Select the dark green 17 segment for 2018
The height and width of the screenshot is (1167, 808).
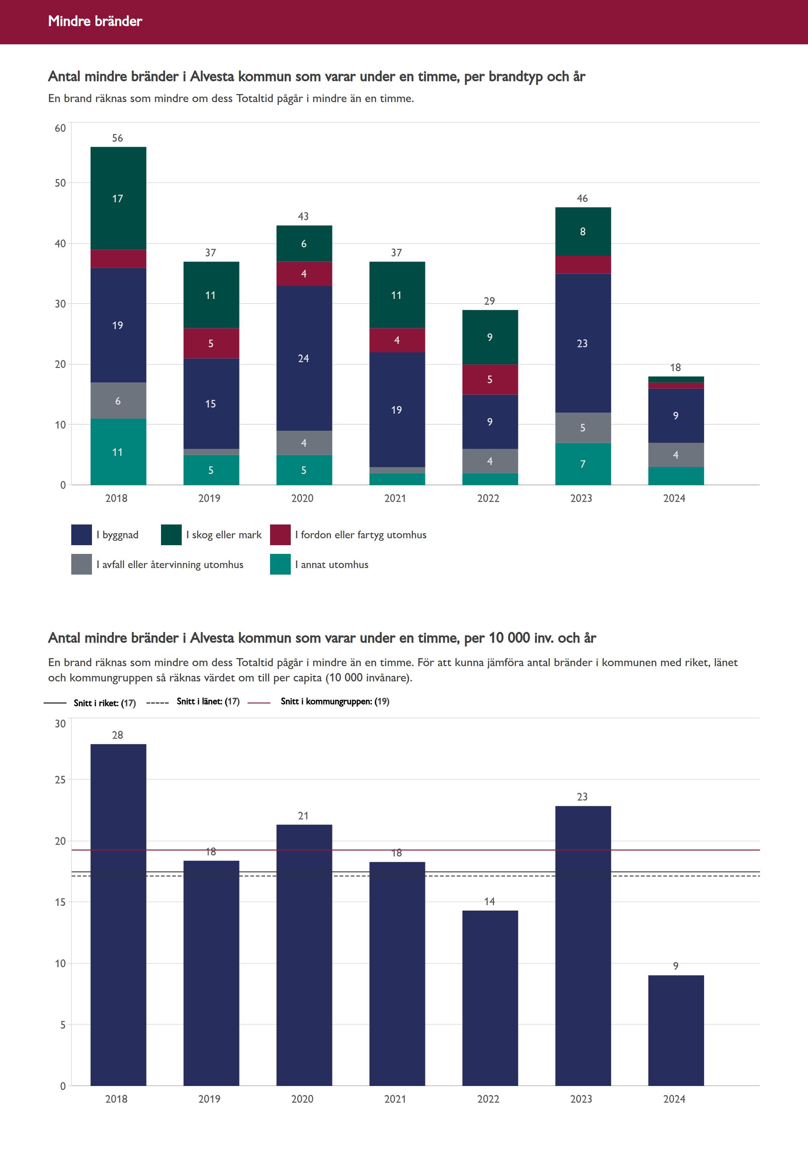point(118,198)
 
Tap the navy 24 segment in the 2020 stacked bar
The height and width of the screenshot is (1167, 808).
point(304,358)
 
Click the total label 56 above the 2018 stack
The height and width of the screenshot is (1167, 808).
point(117,138)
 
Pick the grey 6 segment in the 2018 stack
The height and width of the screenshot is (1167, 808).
point(118,401)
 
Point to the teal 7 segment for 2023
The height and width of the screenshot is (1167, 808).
point(583,464)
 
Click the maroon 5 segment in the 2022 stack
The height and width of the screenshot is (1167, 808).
point(490,380)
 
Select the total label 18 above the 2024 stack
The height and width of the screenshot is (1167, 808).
point(675,368)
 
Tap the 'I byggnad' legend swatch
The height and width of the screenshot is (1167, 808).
point(81,535)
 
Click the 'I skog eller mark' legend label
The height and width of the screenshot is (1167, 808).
point(224,535)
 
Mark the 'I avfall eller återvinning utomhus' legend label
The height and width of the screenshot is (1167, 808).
point(170,564)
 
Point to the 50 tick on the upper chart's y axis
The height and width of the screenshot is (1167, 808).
point(60,183)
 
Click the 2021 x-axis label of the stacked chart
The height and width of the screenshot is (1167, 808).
point(395,498)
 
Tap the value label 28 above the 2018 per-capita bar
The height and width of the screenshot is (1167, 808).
point(117,735)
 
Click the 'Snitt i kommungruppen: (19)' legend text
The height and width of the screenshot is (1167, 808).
point(335,702)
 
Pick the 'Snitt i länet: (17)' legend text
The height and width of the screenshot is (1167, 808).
point(208,702)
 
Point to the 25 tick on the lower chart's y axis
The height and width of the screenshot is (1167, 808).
point(60,780)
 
